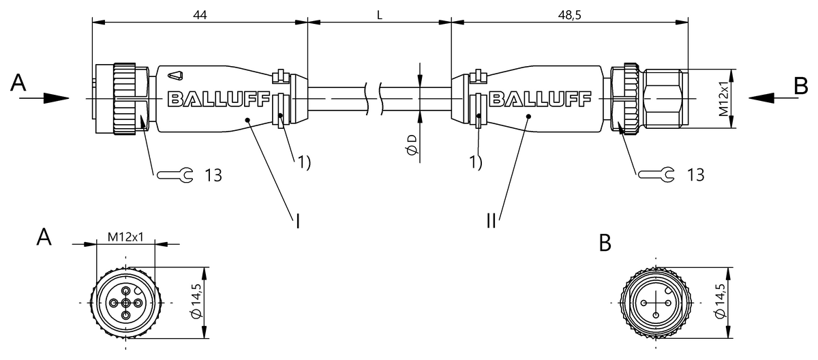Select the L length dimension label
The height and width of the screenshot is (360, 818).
[x=379, y=13]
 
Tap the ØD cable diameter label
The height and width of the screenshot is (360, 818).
[x=411, y=144]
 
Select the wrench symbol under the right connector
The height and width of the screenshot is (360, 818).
[x=657, y=175]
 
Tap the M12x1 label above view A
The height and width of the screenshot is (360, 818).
[x=125, y=237]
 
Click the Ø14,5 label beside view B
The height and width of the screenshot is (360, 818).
[x=720, y=302]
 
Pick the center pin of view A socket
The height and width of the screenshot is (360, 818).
[x=125, y=302]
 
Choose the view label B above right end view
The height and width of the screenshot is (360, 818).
[x=605, y=243]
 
